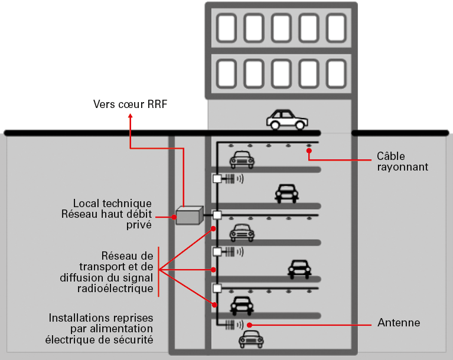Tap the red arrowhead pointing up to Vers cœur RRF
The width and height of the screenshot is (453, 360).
130,116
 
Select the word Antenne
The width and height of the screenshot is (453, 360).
399,323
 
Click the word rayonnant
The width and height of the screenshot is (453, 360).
402,167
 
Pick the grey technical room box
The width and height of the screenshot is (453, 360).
189,216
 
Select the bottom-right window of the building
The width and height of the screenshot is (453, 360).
336,72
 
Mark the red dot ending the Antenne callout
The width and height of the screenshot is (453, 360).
250,324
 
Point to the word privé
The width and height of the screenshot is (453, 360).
139,224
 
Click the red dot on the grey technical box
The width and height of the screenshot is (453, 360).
175,217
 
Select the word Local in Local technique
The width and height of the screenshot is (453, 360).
85,203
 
